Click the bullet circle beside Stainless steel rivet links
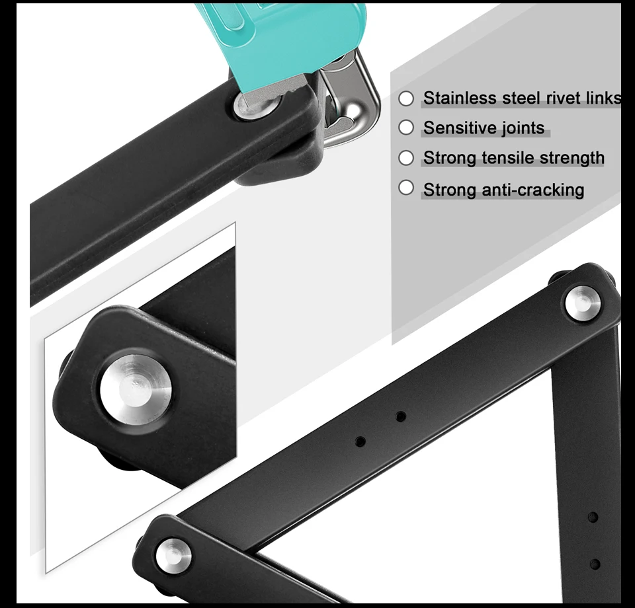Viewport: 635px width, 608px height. pyautogui.click(x=406, y=98)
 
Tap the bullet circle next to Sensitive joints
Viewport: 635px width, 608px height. pyautogui.click(x=406, y=128)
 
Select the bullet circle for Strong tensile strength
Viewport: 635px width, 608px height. pyautogui.click(x=406, y=158)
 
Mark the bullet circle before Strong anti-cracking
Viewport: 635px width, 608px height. pyautogui.click(x=406, y=188)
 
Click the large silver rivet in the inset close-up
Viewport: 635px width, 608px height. pyautogui.click(x=136, y=389)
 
